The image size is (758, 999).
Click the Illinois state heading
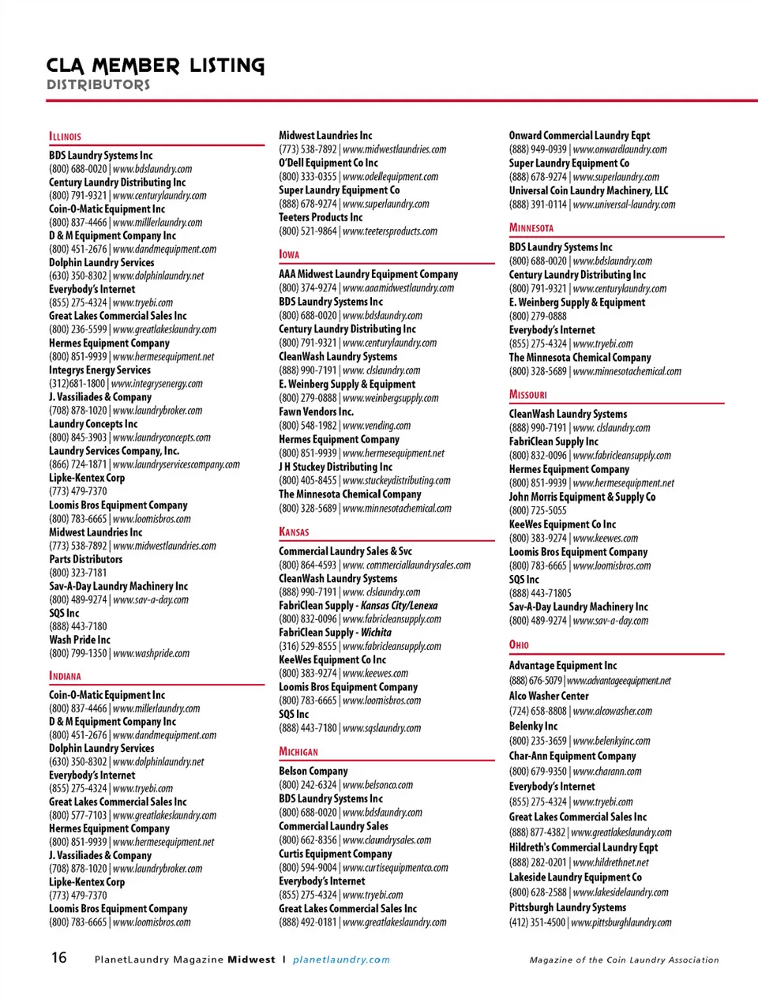(x=65, y=136)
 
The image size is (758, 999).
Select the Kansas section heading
(x=294, y=531)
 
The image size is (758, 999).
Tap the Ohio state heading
(x=519, y=644)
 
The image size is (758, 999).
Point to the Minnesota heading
(x=531, y=227)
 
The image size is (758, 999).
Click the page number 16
(x=59, y=958)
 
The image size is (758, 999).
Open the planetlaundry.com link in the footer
(x=341, y=960)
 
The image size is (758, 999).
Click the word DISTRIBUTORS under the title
(x=98, y=85)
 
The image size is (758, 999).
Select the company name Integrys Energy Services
(x=99, y=370)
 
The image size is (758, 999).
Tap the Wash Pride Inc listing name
(x=80, y=640)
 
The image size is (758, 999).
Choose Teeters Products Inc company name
(x=321, y=217)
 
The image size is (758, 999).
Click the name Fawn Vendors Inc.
(x=316, y=411)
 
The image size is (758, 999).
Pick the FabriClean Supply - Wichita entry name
(x=335, y=633)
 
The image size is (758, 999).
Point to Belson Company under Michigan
(x=313, y=771)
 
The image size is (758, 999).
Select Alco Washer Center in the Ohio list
(x=549, y=696)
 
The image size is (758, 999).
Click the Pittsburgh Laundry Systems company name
(x=567, y=907)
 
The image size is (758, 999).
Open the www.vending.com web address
(x=377, y=426)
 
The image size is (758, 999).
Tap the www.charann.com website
(x=606, y=772)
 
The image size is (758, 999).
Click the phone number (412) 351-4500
(x=537, y=922)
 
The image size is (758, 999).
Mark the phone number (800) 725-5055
(x=537, y=511)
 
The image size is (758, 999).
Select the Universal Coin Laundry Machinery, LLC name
(x=588, y=190)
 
